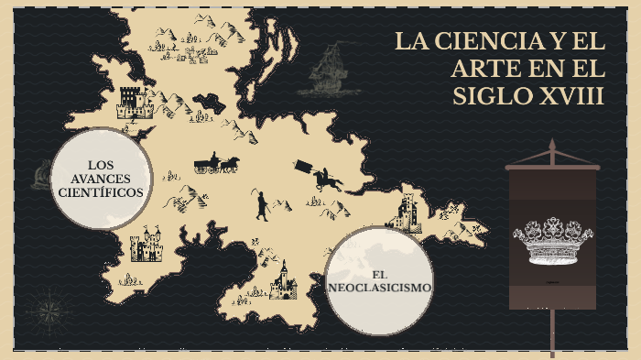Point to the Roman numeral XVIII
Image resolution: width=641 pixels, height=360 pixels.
point(571,96)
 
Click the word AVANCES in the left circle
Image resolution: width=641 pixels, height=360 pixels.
point(100,178)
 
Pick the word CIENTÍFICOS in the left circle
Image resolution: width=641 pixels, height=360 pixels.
point(100,192)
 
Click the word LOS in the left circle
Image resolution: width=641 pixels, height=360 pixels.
point(100,163)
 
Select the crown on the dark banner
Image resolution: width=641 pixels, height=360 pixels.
point(552,240)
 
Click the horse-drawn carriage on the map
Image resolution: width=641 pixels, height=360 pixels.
point(216,164)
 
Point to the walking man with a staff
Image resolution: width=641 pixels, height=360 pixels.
point(262,205)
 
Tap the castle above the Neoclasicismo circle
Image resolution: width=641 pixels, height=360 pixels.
point(406,213)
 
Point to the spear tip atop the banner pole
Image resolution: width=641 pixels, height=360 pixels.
point(552,147)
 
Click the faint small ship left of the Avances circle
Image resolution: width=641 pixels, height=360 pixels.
point(40,174)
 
